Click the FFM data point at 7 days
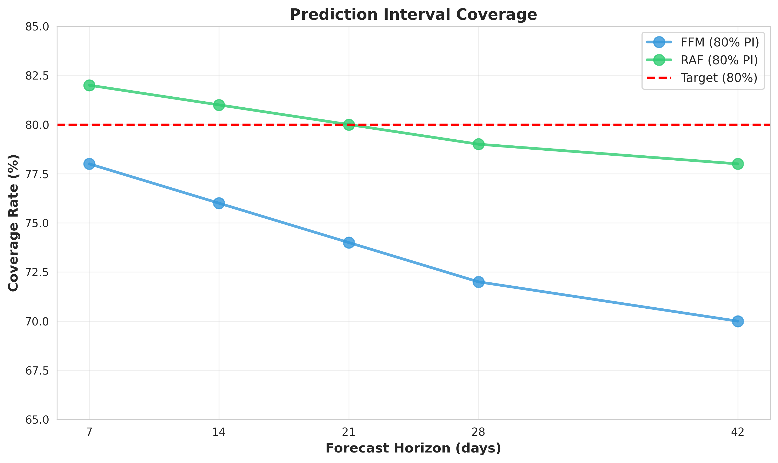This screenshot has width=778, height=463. pos(89,164)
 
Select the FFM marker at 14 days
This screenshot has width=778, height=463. pos(219,203)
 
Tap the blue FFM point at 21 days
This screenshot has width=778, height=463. pos(349,243)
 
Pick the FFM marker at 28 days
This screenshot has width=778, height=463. pos(478,282)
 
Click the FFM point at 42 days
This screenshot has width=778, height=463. pos(738,321)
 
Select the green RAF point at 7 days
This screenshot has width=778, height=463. pos(89,85)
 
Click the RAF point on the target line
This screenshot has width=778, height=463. pos(349,124)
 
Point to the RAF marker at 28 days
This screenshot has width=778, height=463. pos(478,144)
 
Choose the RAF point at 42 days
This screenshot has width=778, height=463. pos(738,164)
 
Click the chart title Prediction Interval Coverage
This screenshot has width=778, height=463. pos(413,15)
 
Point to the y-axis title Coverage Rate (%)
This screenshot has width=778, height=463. pos(13,223)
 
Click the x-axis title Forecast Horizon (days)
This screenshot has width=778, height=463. pos(413,448)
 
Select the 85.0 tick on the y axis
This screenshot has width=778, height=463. pos(37,27)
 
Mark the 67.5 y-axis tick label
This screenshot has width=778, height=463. pos(37,371)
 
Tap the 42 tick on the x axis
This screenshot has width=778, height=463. pos(738,432)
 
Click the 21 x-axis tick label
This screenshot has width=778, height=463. pos(349,432)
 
